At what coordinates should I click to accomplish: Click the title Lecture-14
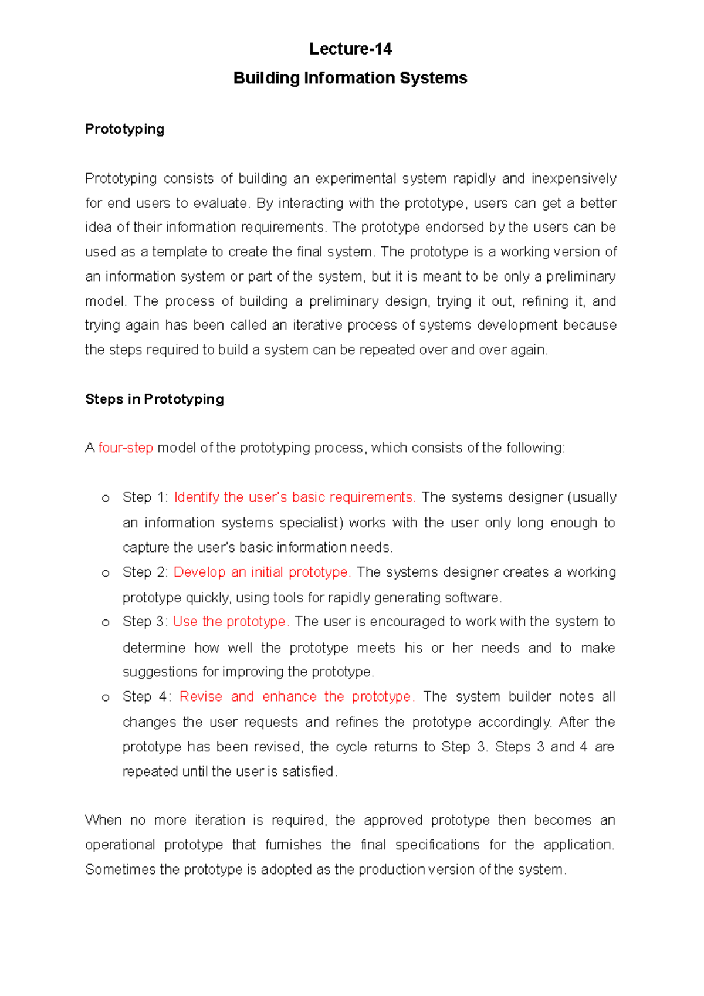click(350, 49)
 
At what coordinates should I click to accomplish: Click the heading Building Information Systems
click(350, 78)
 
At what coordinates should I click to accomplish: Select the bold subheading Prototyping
click(124, 129)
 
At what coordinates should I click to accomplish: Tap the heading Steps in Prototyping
click(154, 399)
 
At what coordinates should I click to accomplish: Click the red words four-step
click(126, 448)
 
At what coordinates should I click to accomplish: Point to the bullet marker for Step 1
click(106, 499)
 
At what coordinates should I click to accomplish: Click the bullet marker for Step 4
click(106, 698)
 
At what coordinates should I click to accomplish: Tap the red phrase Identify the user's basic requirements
click(295, 497)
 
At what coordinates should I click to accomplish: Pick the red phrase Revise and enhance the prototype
click(297, 697)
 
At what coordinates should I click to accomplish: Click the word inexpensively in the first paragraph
click(573, 178)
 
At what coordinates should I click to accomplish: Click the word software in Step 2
click(472, 598)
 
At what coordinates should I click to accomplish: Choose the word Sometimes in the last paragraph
click(120, 869)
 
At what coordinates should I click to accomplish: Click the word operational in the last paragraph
click(120, 845)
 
